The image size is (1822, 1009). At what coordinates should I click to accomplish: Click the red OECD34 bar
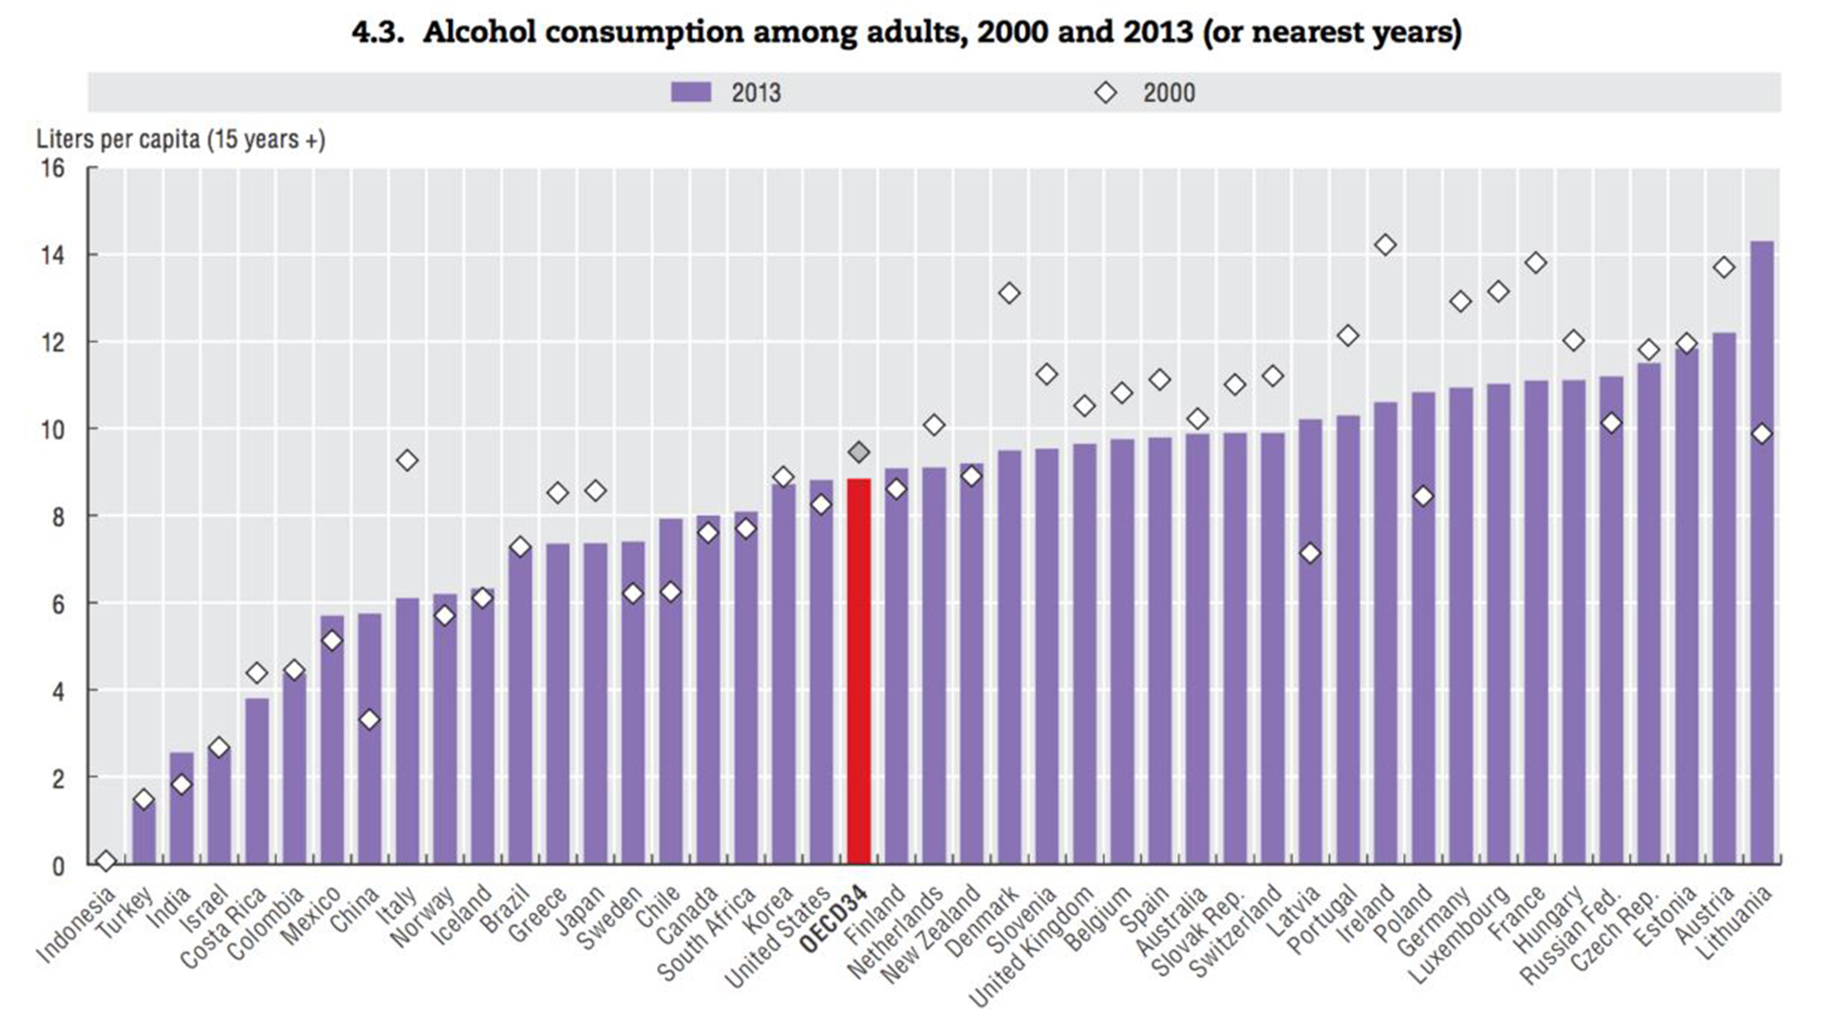point(859,672)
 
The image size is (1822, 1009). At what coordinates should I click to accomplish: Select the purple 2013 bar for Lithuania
point(1762,552)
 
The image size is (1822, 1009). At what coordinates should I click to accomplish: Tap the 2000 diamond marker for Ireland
point(1385,245)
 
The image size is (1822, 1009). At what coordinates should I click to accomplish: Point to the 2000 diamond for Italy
point(407,460)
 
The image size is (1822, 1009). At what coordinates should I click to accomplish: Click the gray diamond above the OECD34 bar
point(859,452)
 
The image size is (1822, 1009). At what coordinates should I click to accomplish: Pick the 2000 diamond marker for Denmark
point(1009,293)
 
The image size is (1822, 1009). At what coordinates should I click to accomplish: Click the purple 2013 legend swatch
point(691,93)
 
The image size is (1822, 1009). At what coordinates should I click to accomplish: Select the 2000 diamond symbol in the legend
point(1105,93)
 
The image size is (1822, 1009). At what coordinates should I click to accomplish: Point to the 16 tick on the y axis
point(52,167)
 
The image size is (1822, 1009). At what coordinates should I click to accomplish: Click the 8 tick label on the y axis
point(58,517)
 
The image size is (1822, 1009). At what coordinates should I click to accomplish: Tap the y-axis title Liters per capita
point(181,140)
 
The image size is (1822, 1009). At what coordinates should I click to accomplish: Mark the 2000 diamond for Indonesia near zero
point(106,860)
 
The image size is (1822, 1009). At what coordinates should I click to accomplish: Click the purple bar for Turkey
point(144,832)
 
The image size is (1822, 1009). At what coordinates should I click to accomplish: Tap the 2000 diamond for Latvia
point(1310,553)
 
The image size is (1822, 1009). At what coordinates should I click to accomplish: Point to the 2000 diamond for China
point(369,719)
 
